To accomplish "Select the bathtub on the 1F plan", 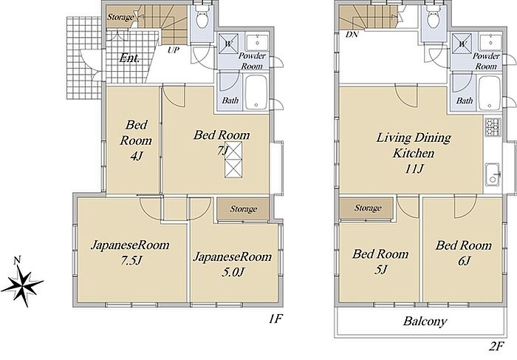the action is click(x=256, y=92).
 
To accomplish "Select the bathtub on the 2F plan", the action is click(x=490, y=92).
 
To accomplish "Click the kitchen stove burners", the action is click(x=493, y=127).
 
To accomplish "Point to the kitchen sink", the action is click(x=493, y=174).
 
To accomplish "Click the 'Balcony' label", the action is click(x=425, y=321).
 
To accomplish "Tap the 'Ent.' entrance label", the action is click(x=129, y=58).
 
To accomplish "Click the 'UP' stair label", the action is click(x=174, y=50).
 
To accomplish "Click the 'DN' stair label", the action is click(x=352, y=34).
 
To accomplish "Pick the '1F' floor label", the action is click(x=275, y=319).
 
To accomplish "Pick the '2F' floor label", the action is click(x=496, y=347).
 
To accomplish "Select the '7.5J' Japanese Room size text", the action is click(x=131, y=261).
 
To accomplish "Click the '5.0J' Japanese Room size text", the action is click(x=233, y=272).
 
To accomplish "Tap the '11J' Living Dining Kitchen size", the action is click(x=414, y=169).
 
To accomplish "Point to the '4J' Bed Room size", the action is click(x=136, y=156).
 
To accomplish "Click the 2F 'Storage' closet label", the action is click(x=368, y=208).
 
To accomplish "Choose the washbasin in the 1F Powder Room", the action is click(x=258, y=42).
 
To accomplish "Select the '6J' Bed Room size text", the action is click(x=464, y=261).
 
